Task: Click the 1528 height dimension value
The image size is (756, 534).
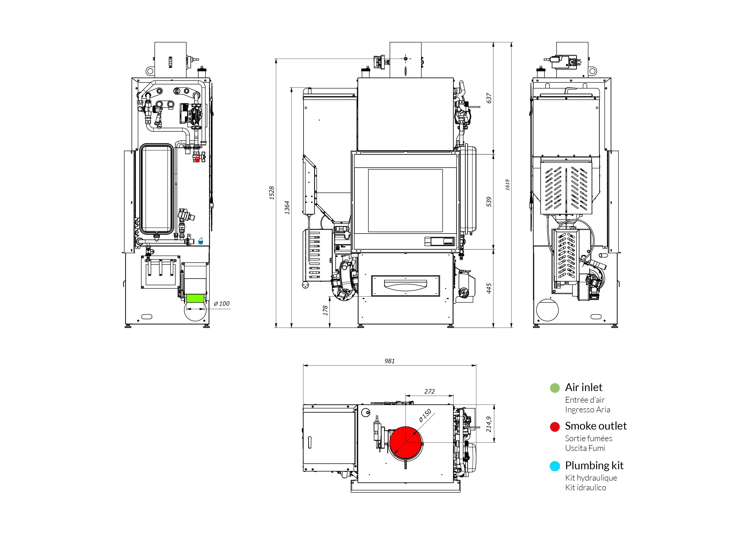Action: pos(272,193)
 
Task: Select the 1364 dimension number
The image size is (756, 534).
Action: pos(287,207)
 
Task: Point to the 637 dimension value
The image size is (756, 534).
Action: pos(489,98)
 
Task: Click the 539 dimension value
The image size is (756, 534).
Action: pos(489,202)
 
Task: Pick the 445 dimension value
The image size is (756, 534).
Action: pos(489,288)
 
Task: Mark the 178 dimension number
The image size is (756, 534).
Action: pos(325,310)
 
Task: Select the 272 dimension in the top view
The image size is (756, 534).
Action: pos(429,391)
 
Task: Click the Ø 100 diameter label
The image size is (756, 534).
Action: pos(222,304)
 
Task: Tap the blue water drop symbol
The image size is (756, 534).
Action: pos(200,241)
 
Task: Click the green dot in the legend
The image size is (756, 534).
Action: pos(555,388)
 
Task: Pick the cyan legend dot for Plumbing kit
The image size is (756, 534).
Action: pos(555,466)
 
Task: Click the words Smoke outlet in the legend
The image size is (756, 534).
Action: pos(596,426)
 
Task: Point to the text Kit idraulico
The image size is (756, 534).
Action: pos(586,488)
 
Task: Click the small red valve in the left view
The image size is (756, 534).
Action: pos(197,159)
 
